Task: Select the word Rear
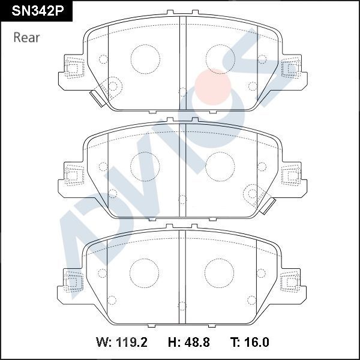coord(26,38)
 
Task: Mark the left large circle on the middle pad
coord(145,166)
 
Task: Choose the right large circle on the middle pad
coord(220,166)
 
